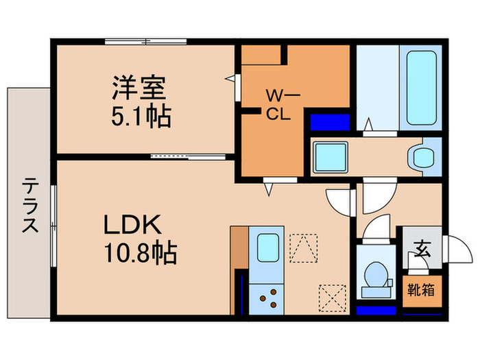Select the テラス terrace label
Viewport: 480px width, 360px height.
click(29, 206)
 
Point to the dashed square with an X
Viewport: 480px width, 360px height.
click(331, 298)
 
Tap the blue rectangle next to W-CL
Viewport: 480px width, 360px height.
click(326, 123)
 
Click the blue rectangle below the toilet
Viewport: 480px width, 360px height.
click(376, 309)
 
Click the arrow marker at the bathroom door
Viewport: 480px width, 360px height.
click(368, 125)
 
